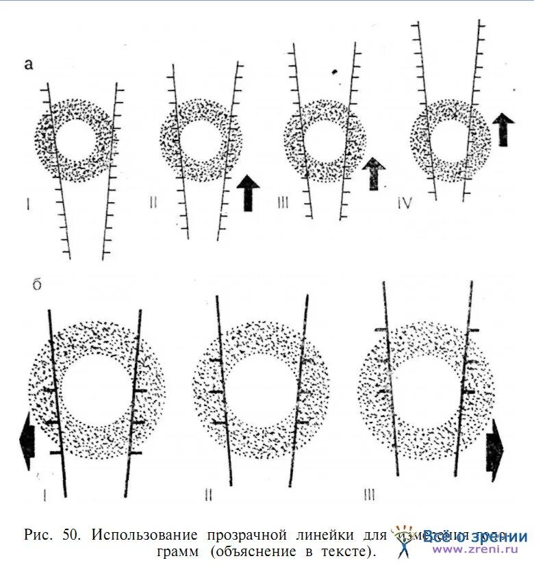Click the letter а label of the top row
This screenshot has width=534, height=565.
pos(29,65)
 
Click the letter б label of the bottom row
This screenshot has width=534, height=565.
pos(36,283)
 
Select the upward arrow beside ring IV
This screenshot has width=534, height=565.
pos(503,129)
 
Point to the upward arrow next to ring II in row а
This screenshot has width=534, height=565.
pos(248,192)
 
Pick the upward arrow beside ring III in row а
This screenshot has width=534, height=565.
pos(374,173)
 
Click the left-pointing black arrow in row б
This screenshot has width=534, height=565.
pos(27,441)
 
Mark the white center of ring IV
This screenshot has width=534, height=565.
pos(449,141)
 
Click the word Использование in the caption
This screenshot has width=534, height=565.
pos(144,535)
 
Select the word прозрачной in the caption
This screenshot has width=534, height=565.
pos(253,535)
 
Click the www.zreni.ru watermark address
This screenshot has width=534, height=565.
pos(479,549)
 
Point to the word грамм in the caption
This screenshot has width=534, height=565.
pos(172,551)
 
